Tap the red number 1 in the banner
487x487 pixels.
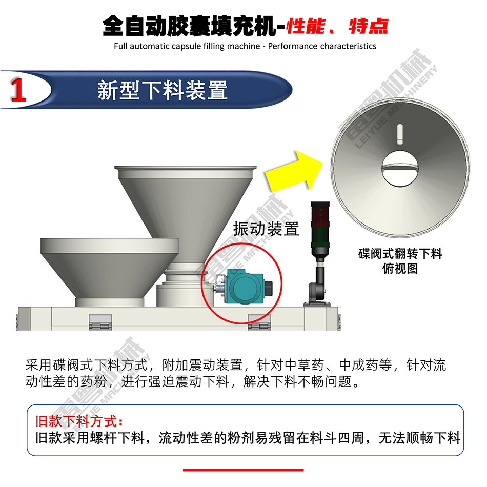(x=18, y=90)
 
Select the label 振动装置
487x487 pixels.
(x=266, y=229)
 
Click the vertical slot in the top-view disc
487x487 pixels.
(x=400, y=134)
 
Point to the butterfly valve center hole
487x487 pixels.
(x=400, y=169)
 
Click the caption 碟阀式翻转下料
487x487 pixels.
(x=400, y=254)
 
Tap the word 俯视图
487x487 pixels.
(x=400, y=268)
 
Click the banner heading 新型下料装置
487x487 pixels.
(x=163, y=90)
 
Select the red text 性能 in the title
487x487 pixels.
(x=306, y=26)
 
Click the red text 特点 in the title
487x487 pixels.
(x=369, y=26)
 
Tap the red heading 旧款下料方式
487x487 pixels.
(x=79, y=421)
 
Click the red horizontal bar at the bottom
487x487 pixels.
(x=243, y=470)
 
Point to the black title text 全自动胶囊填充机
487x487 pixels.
(x=190, y=26)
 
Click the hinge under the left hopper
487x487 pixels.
(x=100, y=322)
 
